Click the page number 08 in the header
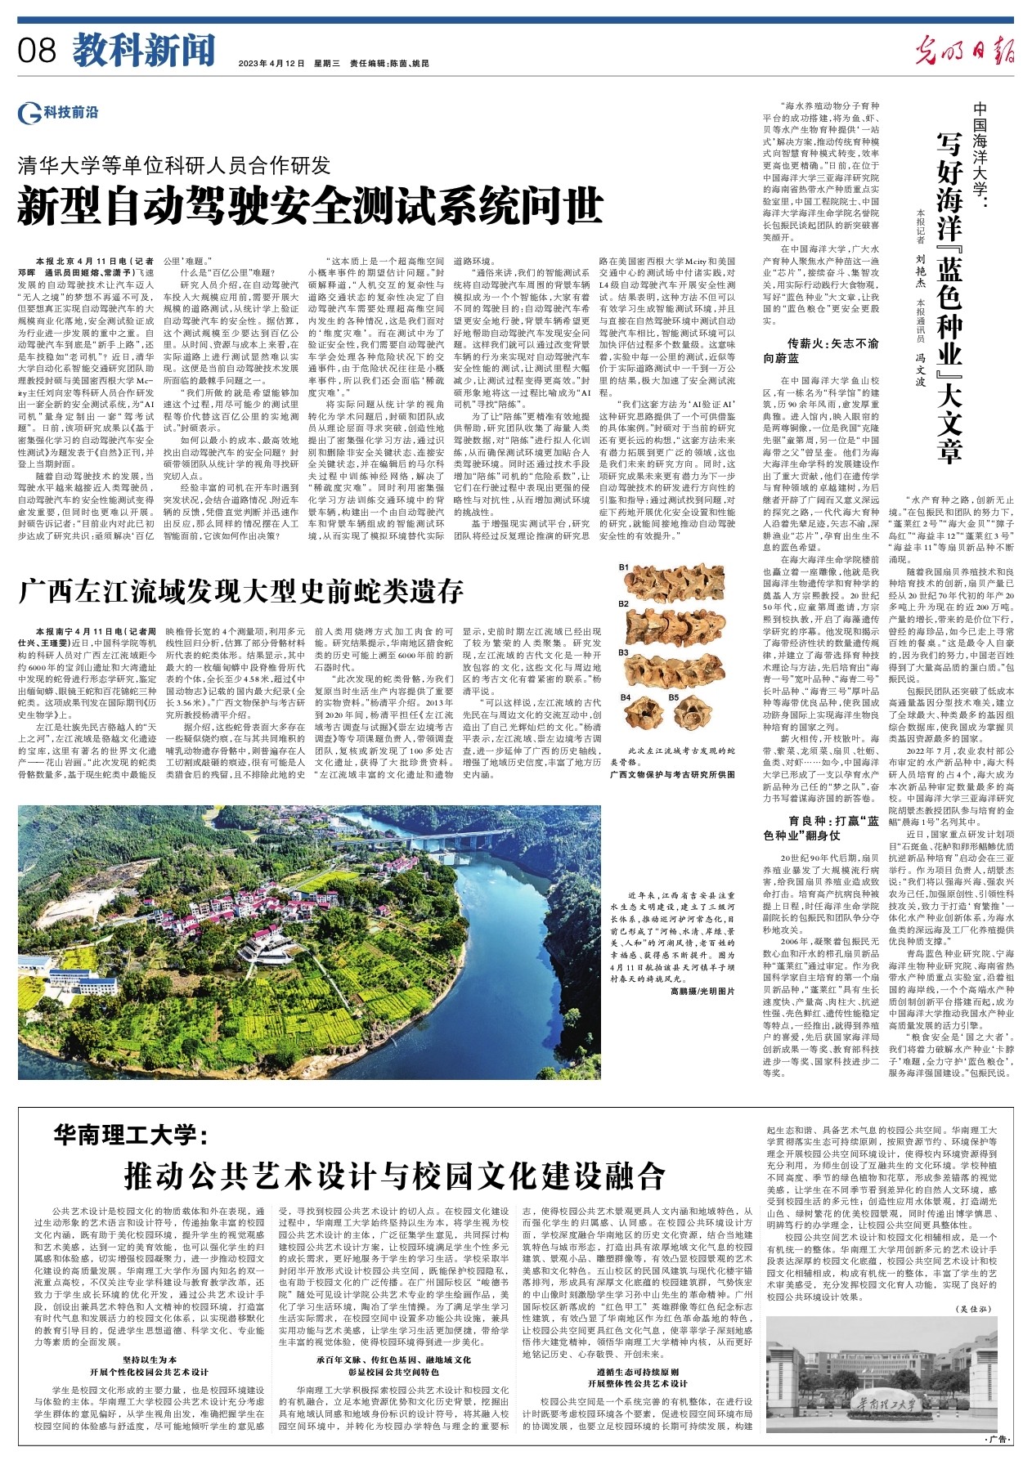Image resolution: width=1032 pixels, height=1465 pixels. click(37, 52)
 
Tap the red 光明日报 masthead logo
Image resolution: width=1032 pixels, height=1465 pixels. click(964, 51)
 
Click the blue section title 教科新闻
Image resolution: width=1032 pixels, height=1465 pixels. click(144, 51)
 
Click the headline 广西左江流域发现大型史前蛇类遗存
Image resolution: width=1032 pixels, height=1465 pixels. click(241, 589)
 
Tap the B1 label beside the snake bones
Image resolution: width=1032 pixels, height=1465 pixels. click(623, 567)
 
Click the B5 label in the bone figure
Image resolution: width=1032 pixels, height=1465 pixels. click(673, 697)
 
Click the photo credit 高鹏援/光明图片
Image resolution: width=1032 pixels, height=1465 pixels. click(702, 991)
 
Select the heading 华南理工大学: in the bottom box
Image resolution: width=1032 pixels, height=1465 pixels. click(132, 1136)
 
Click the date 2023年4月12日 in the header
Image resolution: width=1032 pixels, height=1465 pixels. click(271, 63)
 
